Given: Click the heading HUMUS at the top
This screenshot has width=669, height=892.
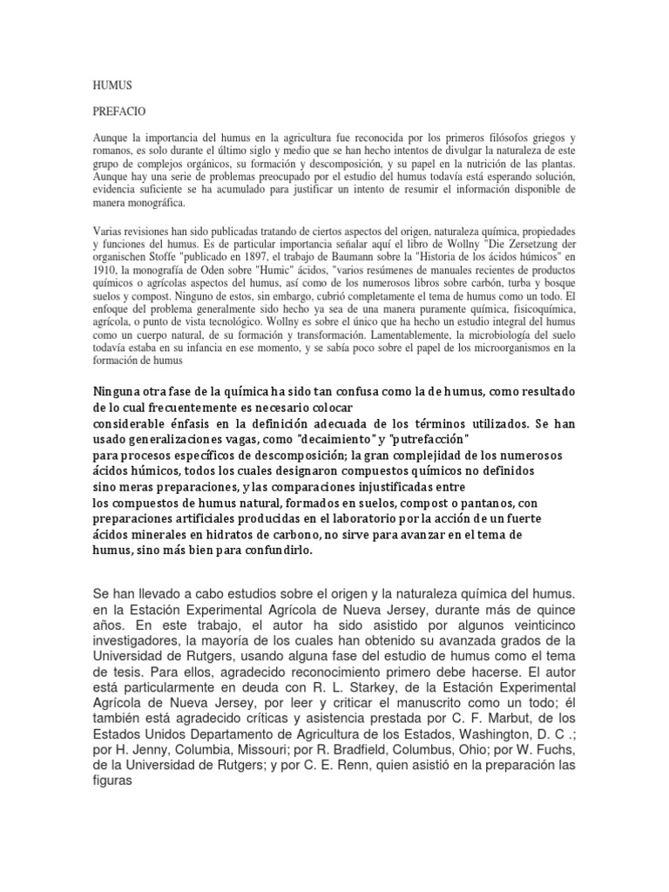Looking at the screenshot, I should point(111,85).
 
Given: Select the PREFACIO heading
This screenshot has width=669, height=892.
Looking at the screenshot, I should point(119,112).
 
